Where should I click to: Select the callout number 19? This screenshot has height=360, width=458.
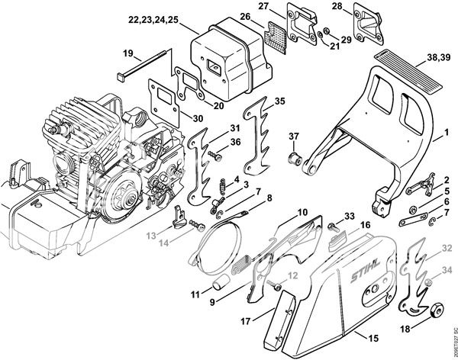(x=128, y=53)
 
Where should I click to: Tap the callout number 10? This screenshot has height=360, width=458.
(x=302, y=211)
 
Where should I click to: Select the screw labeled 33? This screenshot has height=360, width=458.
(x=334, y=227)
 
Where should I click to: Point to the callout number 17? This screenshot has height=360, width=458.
(x=246, y=322)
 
